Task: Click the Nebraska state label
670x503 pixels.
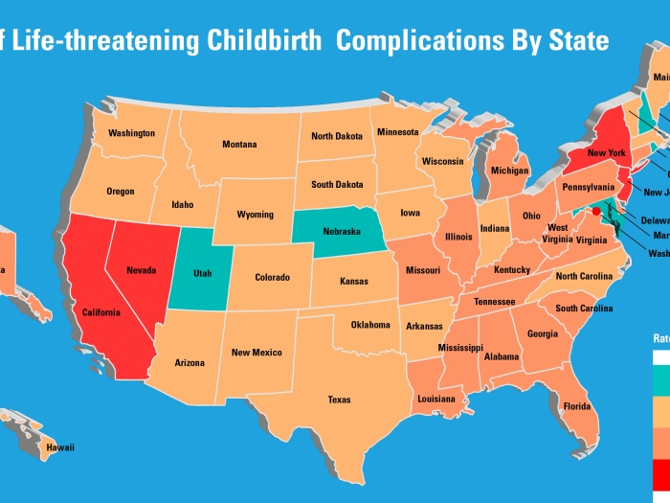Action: click(x=341, y=232)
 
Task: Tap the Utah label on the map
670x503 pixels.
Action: click(x=202, y=274)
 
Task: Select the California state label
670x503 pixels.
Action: click(x=100, y=312)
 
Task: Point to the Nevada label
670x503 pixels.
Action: click(x=141, y=270)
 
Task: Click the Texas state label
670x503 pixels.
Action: click(x=339, y=400)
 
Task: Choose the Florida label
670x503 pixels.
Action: click(x=576, y=406)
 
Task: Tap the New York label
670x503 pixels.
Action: click(x=606, y=153)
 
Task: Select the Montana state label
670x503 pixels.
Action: click(x=239, y=145)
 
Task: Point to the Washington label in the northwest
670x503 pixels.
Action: click(x=131, y=133)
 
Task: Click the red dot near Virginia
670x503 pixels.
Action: click(x=595, y=210)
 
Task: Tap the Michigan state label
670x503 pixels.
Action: click(x=509, y=171)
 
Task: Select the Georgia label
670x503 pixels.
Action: click(x=542, y=334)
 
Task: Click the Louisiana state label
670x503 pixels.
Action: click(x=435, y=399)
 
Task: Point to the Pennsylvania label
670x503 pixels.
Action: click(x=588, y=187)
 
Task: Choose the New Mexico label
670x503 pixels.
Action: click(x=257, y=353)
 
